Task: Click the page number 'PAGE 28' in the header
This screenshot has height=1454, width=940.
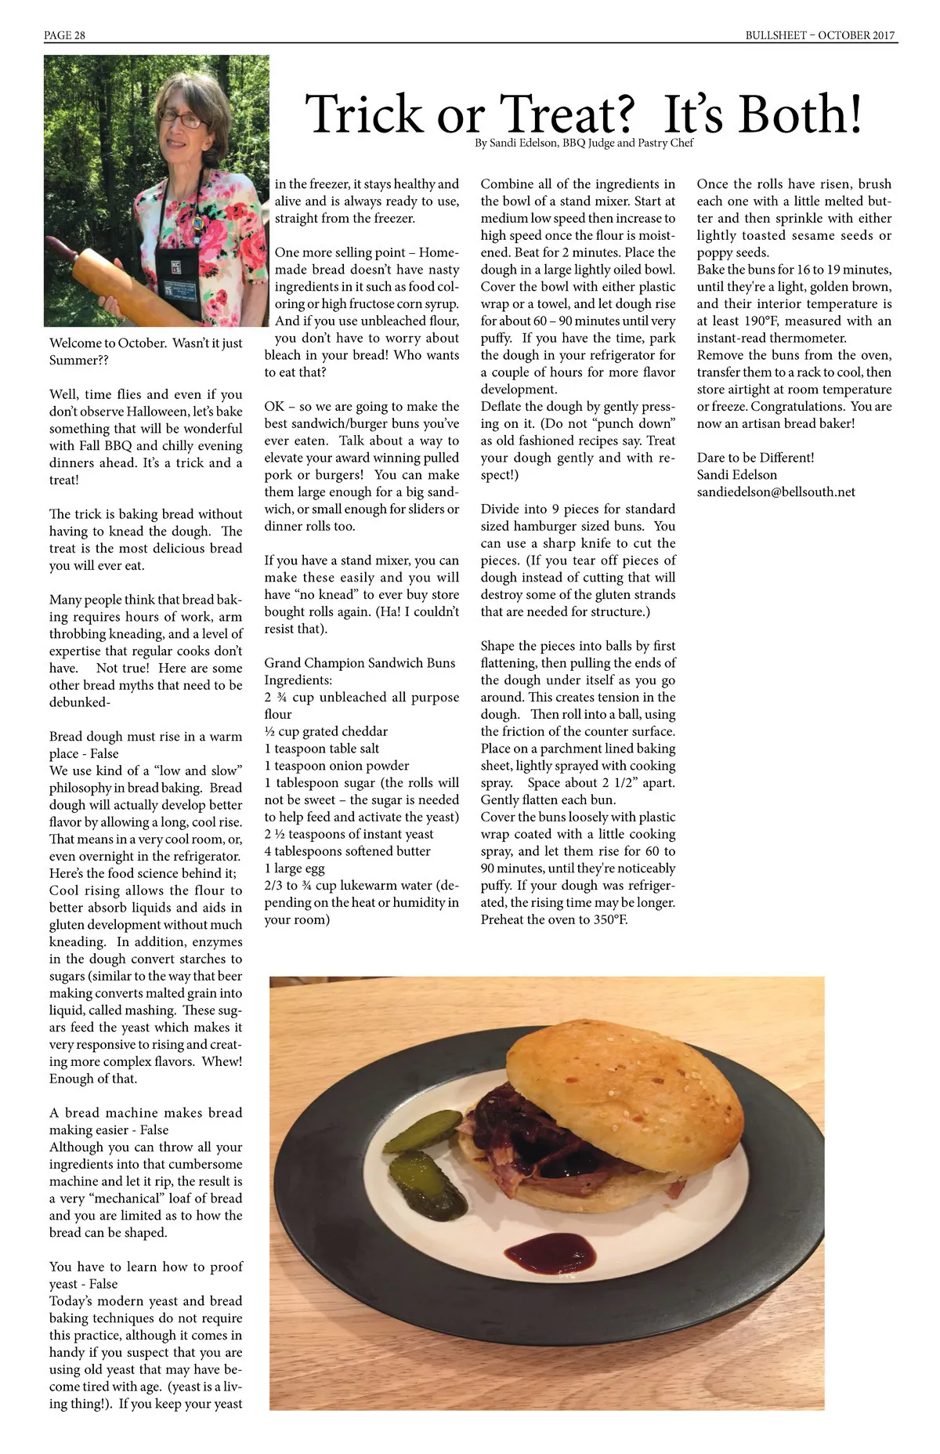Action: (64, 35)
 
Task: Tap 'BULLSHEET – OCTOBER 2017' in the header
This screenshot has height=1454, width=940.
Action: (819, 35)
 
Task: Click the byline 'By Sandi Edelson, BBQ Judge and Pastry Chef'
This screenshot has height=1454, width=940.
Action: (584, 143)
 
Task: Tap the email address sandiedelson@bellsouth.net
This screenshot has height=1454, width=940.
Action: (775, 492)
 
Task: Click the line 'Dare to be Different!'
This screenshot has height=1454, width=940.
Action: (755, 458)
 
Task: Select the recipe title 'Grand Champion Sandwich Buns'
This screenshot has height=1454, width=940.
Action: (360, 663)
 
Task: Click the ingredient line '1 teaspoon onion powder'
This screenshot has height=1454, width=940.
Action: (337, 766)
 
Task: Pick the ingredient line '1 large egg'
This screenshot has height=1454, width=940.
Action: (295, 868)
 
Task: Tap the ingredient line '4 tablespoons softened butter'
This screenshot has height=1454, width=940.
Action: (347, 851)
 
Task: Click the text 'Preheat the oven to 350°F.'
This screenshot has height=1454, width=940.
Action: (554, 920)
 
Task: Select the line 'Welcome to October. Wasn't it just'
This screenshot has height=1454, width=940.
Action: (146, 343)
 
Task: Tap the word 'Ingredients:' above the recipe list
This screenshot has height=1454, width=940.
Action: (298, 680)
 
